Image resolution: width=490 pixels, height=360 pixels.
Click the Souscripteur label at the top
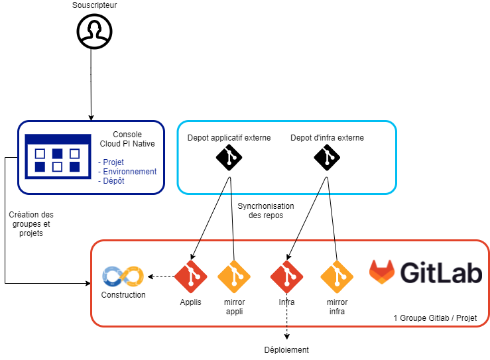tap(94, 6)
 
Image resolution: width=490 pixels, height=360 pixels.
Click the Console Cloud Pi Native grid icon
tap(57, 156)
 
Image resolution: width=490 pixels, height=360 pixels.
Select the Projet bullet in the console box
tap(113, 162)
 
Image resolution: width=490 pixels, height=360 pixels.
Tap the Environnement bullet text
tap(129, 172)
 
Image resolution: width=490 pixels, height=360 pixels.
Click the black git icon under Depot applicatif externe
tap(229, 158)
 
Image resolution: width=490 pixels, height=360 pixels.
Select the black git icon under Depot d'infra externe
tap(327, 158)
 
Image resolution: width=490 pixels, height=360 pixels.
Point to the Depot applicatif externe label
tap(229, 138)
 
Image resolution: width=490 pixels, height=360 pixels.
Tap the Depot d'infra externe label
tap(327, 138)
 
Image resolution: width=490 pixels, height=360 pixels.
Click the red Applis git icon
tap(191, 276)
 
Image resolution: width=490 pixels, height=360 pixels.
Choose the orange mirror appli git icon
tap(234, 276)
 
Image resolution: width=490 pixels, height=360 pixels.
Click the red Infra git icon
tap(287, 276)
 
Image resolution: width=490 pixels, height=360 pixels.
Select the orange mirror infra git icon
tap(337, 276)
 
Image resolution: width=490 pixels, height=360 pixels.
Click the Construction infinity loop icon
tap(123, 276)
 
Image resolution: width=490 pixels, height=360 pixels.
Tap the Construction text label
tap(123, 295)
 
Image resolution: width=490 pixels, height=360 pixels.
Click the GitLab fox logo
tap(383, 272)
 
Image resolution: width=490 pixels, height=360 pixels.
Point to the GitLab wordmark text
tap(440, 272)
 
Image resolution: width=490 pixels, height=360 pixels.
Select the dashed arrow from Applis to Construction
tap(160, 276)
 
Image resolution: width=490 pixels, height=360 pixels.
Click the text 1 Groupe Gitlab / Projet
tap(434, 318)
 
